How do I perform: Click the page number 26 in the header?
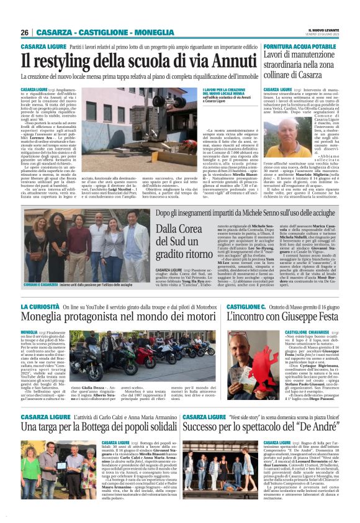click(25, 32)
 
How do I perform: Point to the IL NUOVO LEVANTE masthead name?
click(323, 29)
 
